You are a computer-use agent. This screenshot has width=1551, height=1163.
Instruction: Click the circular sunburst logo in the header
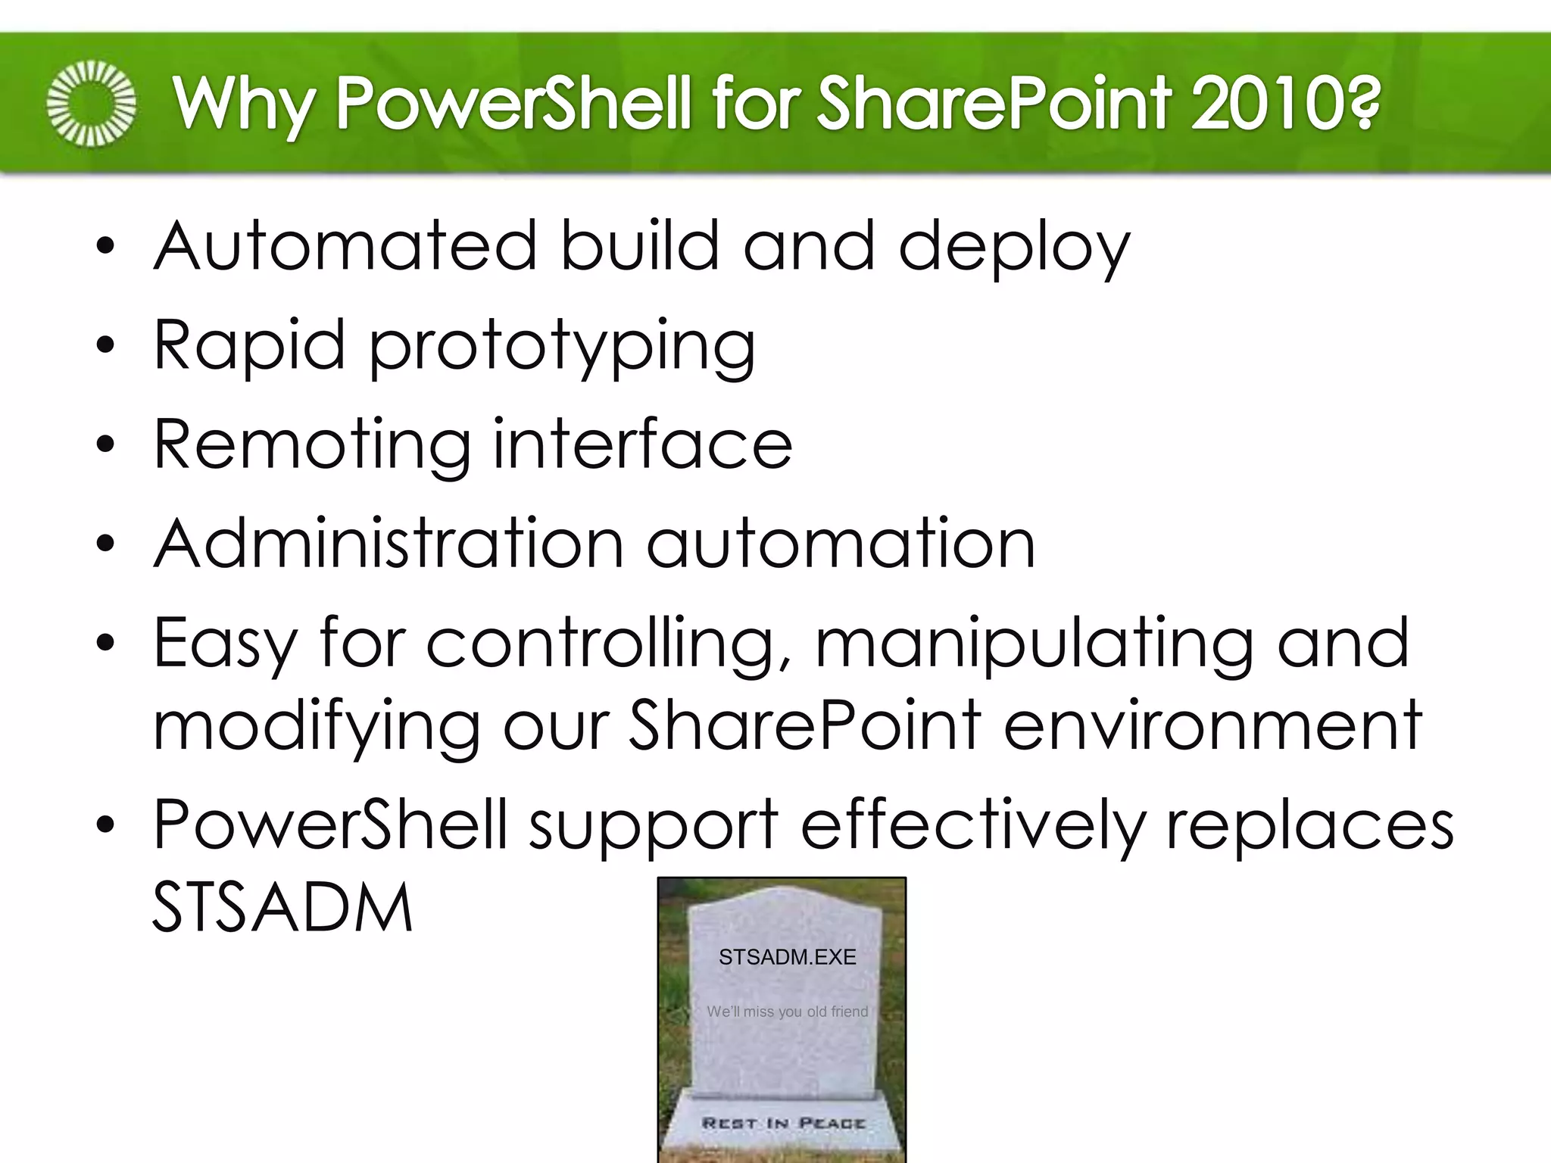[91, 103]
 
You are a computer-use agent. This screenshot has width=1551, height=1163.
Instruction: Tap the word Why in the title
[242, 103]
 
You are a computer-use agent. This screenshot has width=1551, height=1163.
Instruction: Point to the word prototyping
[562, 347]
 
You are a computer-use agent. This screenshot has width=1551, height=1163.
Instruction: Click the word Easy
[224, 644]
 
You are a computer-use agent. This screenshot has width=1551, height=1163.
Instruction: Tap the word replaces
[1309, 825]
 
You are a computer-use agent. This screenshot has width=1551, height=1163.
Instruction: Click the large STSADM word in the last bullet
[282, 907]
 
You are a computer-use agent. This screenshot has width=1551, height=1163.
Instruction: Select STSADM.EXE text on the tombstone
[787, 957]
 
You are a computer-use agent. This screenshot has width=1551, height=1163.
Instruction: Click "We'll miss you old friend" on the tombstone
[787, 1012]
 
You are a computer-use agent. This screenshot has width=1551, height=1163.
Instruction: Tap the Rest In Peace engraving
[783, 1123]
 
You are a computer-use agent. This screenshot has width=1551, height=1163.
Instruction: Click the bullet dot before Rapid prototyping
[105, 347]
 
